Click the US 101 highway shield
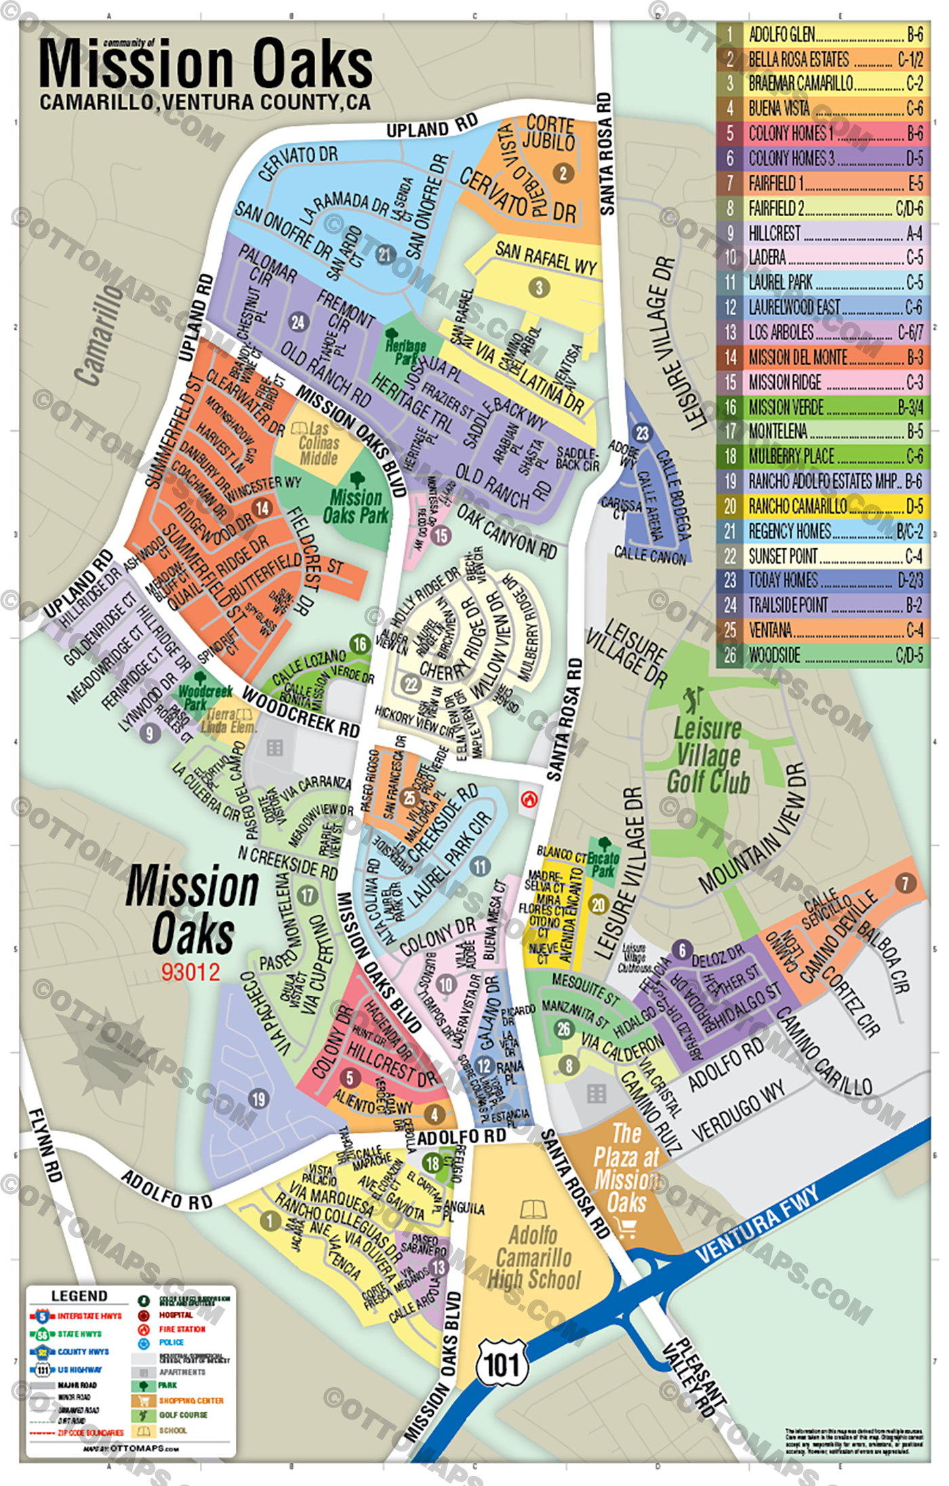pos(502,1363)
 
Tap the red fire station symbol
pos(529,800)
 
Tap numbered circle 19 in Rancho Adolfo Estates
pos(258,1098)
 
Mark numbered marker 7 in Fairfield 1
pos(906,883)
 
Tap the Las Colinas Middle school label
pos(319,444)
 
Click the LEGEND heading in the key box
pos(79,1296)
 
